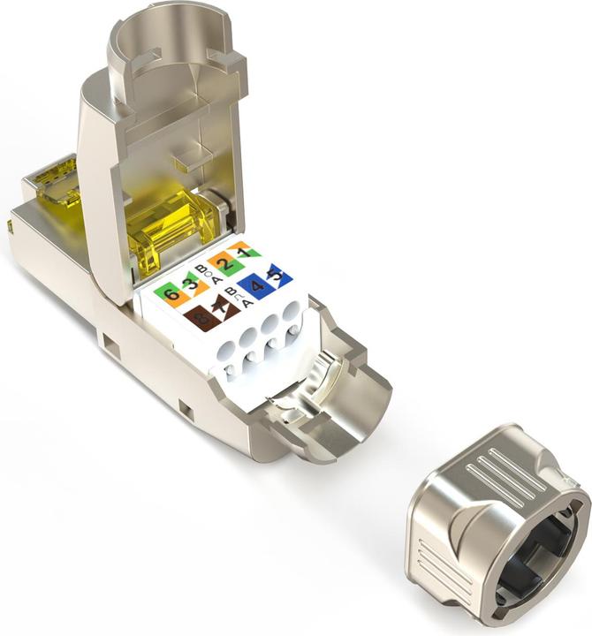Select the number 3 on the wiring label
(x=188, y=284)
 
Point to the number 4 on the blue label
(x=256, y=285)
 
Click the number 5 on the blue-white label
(x=277, y=276)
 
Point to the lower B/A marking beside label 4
(x=232, y=296)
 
